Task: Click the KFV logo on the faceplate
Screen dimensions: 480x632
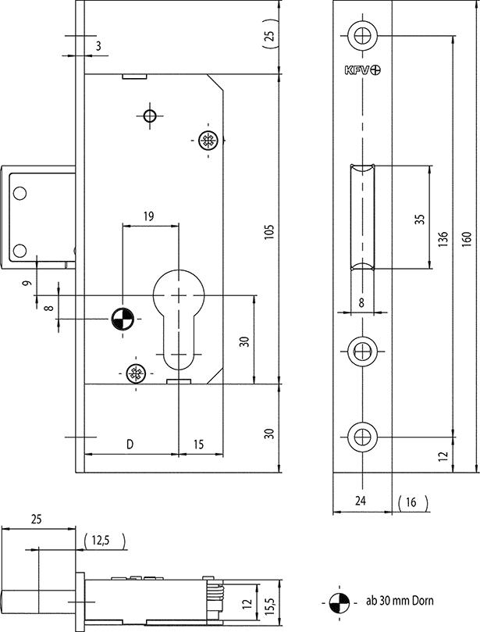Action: pyautogui.click(x=362, y=70)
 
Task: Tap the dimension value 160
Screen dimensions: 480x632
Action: pyautogui.click(x=466, y=239)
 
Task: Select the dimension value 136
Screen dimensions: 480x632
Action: pyautogui.click(x=443, y=239)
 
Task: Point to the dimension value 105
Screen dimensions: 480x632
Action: pyautogui.click(x=269, y=231)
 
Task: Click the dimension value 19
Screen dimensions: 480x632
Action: pyautogui.click(x=148, y=216)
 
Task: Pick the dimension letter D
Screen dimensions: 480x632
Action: pyautogui.click(x=130, y=445)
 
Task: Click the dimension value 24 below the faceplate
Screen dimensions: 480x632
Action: pyautogui.click(x=361, y=501)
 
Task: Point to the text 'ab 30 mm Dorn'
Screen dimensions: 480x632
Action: pyautogui.click(x=400, y=601)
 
